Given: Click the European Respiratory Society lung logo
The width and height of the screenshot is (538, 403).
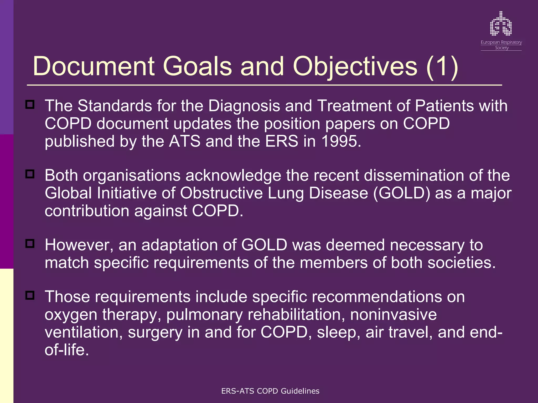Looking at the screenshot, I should click(x=501, y=24).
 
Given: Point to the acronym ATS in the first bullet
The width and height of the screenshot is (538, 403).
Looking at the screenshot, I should click(x=184, y=141).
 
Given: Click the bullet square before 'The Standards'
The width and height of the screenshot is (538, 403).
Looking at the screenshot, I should click(x=30, y=104).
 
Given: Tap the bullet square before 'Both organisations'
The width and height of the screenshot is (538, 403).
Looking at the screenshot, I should click(x=30, y=174).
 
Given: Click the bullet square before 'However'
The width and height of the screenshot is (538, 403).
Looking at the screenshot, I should click(x=30, y=243).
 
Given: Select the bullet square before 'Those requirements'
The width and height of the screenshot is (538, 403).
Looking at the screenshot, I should click(x=30, y=295).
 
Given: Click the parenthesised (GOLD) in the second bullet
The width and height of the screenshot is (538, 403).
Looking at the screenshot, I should click(x=402, y=193).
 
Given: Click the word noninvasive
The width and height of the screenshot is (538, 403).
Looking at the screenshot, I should click(x=393, y=315).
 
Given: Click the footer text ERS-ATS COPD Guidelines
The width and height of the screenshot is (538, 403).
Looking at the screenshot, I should click(x=270, y=391).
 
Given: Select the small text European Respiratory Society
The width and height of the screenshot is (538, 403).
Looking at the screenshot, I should click(x=501, y=45).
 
